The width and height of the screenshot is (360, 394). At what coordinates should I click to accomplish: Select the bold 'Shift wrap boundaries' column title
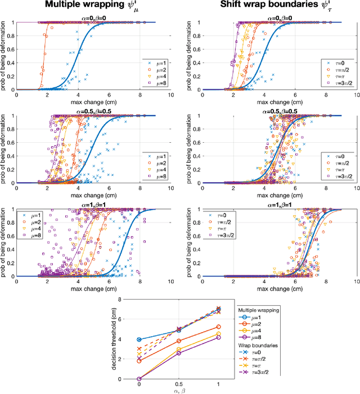267,7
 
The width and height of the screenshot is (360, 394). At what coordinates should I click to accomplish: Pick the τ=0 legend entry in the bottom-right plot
215,214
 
